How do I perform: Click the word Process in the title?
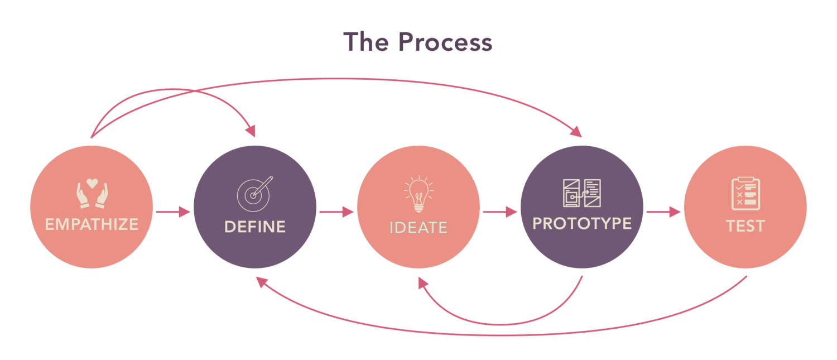tap(445, 42)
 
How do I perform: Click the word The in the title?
tap(366, 42)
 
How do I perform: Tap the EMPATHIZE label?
tap(92, 224)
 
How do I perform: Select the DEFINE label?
tap(255, 227)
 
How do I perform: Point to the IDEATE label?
tap(419, 228)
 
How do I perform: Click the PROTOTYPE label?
tap(582, 224)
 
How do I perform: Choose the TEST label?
tap(745, 226)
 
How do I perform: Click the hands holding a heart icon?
tap(92, 193)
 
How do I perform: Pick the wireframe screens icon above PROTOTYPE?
tap(581, 193)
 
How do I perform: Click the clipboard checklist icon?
tap(745, 193)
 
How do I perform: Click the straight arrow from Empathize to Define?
tap(173, 212)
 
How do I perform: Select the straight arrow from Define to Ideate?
tap(336, 212)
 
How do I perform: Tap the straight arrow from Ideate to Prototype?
tap(500, 212)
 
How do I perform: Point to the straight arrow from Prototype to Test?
tap(663, 212)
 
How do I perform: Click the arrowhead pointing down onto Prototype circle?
tap(576, 132)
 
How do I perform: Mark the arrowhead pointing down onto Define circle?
tap(251, 132)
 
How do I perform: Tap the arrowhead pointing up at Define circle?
tap(261, 282)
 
